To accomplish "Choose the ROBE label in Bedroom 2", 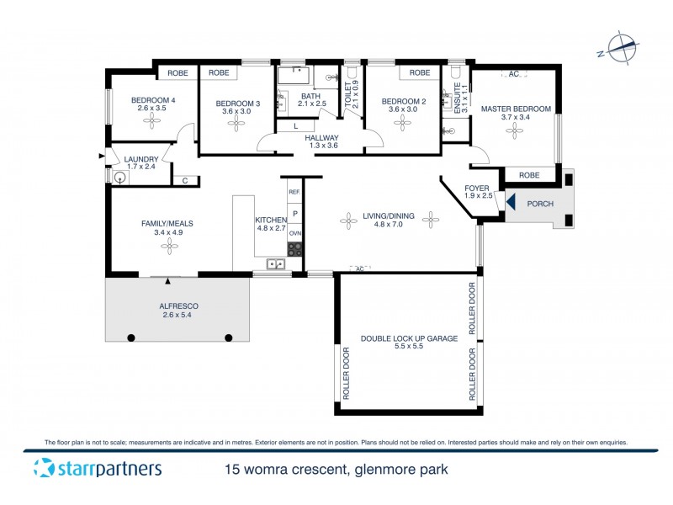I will point(419,73).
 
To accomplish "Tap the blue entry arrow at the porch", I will point(510,203).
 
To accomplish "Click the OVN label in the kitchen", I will point(294,235).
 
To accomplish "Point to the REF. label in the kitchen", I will point(294,193).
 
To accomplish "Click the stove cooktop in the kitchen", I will point(294,249).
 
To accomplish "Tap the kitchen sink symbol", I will point(274,265).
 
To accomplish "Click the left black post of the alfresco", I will point(131,338).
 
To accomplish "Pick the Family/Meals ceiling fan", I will point(168,246).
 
